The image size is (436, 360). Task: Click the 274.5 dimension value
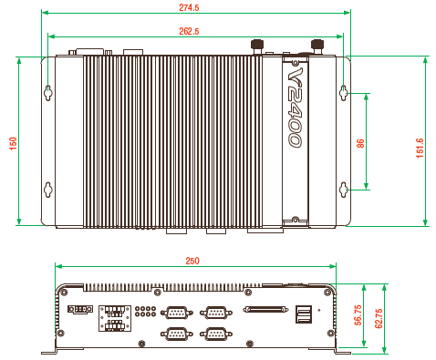pyautogui.click(x=189, y=7)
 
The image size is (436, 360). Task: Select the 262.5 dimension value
pyautogui.click(x=189, y=31)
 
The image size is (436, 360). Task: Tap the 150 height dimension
pyautogui.click(x=13, y=143)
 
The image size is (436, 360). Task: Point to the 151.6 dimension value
pyautogui.click(x=420, y=148)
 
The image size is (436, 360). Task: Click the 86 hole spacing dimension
pyautogui.click(x=360, y=143)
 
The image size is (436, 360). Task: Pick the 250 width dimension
pyautogui.click(x=192, y=261)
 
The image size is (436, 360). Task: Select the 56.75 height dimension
pyautogui.click(x=358, y=315)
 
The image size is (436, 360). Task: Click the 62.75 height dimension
pyautogui.click(x=379, y=318)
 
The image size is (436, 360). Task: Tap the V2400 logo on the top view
pyautogui.click(x=295, y=108)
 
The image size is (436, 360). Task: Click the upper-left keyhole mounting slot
pyautogui.click(x=48, y=93)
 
